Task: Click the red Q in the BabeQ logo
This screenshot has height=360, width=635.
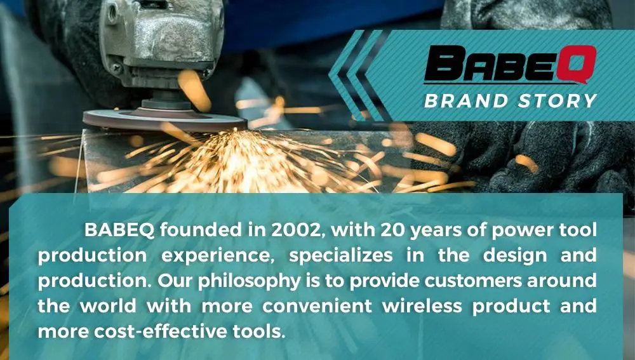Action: (577, 64)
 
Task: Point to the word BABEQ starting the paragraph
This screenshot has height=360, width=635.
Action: (119, 230)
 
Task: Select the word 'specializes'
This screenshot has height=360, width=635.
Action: (340, 255)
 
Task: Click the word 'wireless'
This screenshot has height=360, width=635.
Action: (422, 306)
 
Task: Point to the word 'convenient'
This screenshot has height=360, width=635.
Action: (317, 306)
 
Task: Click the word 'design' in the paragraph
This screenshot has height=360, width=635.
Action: (515, 255)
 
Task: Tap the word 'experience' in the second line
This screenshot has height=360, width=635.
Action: (218, 256)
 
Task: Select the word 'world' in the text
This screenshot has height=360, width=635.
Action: (108, 306)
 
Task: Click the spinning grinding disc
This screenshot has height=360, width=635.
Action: (165, 120)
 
